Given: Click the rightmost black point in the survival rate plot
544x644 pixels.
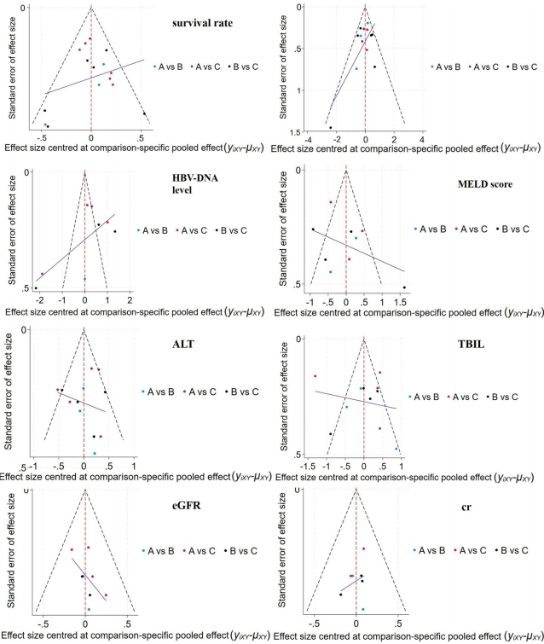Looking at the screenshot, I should tap(144, 113).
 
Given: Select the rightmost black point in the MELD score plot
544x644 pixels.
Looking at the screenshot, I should tap(404, 287).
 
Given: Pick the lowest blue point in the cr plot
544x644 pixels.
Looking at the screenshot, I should tap(363, 609).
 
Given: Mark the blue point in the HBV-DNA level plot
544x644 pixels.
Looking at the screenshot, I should tap(84, 279).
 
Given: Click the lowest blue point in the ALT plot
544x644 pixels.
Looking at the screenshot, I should tap(95, 453).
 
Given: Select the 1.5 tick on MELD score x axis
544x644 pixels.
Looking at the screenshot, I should tap(401, 302).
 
